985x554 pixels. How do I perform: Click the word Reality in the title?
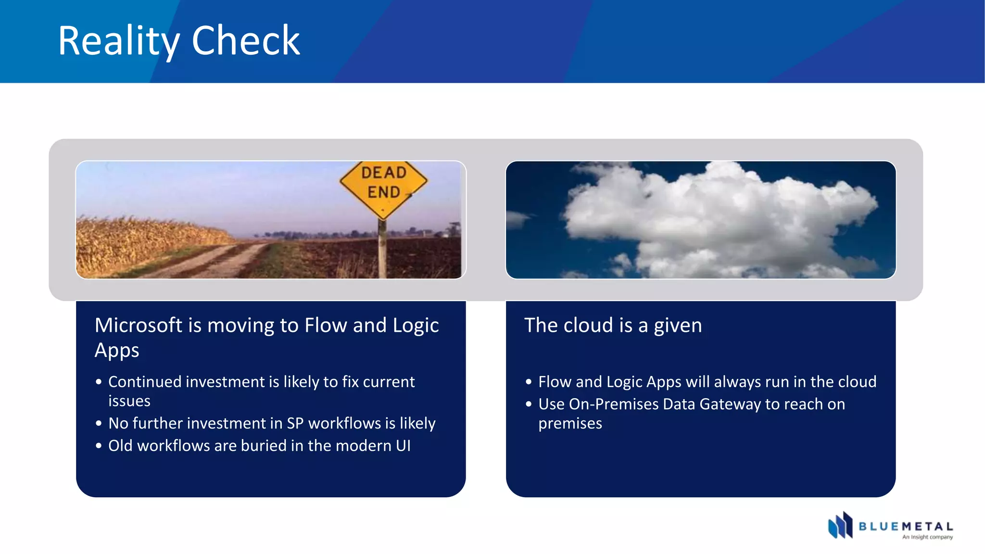point(118,41)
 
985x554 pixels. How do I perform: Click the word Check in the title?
point(246,41)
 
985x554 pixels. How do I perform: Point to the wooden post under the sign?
point(382,250)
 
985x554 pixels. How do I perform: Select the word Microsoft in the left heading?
point(138,326)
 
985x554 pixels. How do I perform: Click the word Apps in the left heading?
point(117,351)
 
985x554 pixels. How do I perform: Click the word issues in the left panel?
point(129,401)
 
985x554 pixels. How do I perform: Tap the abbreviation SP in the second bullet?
point(295,423)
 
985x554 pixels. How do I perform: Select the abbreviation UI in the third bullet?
point(403,446)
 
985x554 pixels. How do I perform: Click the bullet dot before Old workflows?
point(99,446)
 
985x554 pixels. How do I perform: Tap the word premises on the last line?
point(570,424)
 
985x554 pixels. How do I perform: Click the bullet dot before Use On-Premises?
point(529,404)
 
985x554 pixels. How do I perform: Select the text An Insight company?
point(927,537)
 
